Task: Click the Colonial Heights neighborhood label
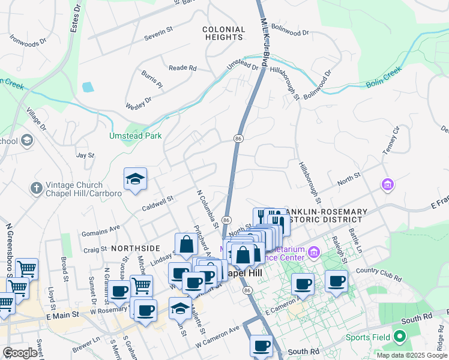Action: pyautogui.click(x=224, y=33)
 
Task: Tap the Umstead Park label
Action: pyautogui.click(x=135, y=136)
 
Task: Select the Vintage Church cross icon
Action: pyautogui.click(x=36, y=188)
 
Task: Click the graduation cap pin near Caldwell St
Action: pyautogui.click(x=136, y=179)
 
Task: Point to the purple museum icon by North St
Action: pyautogui.click(x=388, y=184)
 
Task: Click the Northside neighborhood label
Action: pyautogui.click(x=135, y=248)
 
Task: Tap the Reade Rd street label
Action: pyautogui.click(x=182, y=68)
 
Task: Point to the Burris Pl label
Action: pyautogui.click(x=152, y=79)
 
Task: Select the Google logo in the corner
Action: pyautogui.click(x=20, y=353)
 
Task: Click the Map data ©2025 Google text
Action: pyautogui.click(x=412, y=355)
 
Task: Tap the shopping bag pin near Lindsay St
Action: pyautogui.click(x=186, y=245)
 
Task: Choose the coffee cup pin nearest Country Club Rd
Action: pyautogui.click(x=336, y=281)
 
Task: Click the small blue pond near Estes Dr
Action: pyautogui.click(x=88, y=87)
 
